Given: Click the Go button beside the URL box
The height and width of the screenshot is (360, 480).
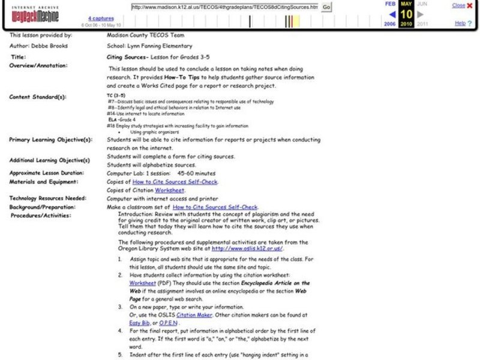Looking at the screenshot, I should [x=326, y=7].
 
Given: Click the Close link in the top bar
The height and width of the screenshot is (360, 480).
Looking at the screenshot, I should [x=458, y=5].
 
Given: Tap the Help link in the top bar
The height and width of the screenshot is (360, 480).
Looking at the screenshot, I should [x=460, y=23].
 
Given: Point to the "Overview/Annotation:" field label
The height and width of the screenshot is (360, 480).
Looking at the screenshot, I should [x=38, y=65].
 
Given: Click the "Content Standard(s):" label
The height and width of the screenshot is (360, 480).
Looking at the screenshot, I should [x=38, y=97].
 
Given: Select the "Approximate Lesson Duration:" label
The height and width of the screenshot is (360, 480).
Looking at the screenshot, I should [x=47, y=173].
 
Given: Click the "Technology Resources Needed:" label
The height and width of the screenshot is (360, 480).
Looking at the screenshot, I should [x=48, y=199].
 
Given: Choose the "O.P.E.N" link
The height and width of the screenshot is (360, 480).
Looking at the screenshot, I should [x=170, y=322].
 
